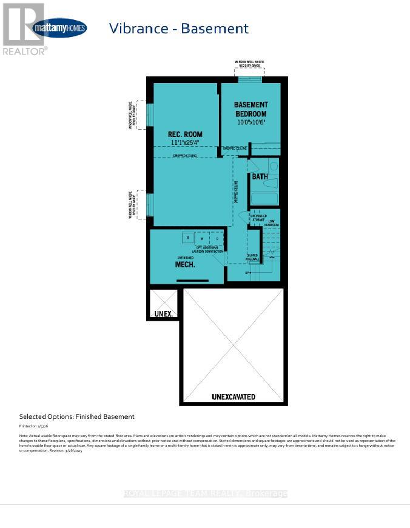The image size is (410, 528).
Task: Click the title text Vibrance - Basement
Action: click(x=178, y=28)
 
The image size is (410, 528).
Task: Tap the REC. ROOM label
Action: click(x=185, y=134)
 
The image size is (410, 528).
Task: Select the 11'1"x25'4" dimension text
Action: click(x=185, y=143)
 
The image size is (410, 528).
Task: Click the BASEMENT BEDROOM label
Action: click(x=250, y=109)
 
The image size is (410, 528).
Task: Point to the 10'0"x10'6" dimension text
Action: click(x=250, y=122)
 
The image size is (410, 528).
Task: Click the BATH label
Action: click(x=260, y=177)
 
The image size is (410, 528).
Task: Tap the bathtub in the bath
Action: click(x=264, y=198)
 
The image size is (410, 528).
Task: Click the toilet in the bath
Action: click(x=253, y=166)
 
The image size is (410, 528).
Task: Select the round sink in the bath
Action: click(x=273, y=165)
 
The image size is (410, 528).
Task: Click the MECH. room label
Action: click(x=185, y=265)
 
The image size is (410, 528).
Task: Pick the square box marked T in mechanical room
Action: click(x=187, y=237)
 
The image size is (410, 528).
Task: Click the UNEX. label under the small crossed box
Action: click(x=164, y=313)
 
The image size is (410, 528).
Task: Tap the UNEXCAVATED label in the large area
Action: click(x=234, y=397)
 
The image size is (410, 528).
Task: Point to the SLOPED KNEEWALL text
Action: click(x=252, y=257)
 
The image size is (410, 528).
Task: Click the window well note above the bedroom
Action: click(x=250, y=63)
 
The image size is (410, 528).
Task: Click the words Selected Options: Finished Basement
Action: click(x=77, y=416)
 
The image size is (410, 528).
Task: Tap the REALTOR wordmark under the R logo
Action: click(x=24, y=52)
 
